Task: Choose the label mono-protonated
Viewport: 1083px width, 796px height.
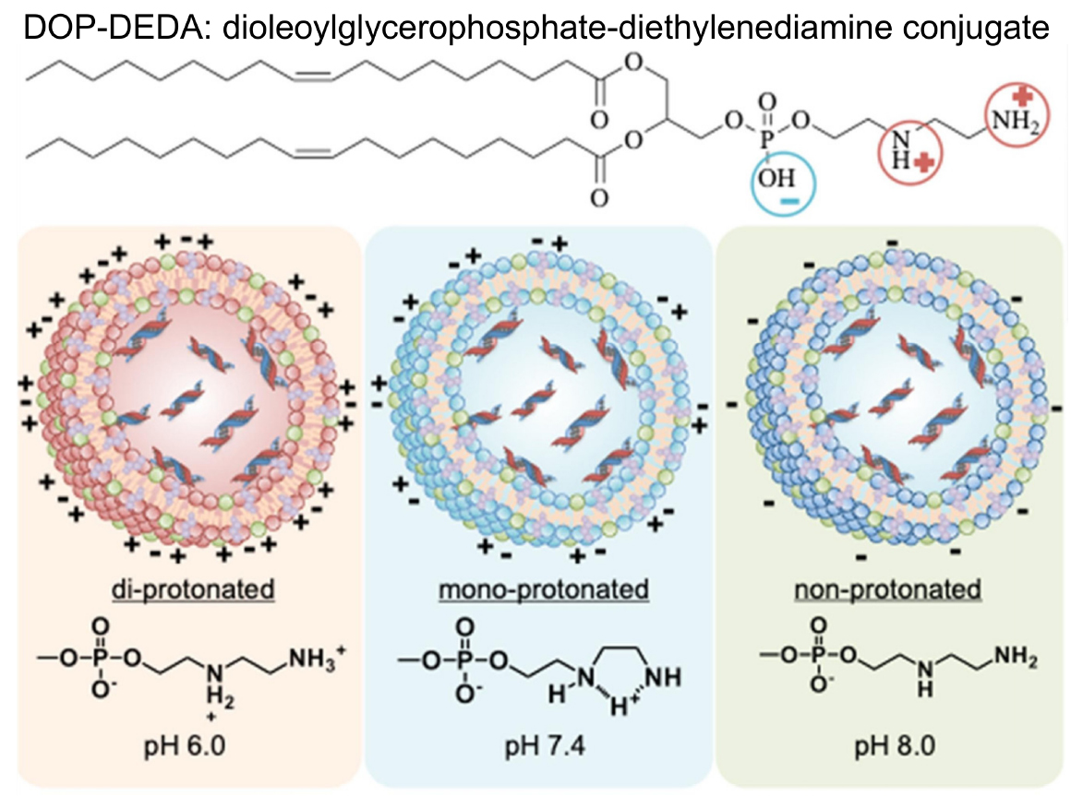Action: tap(538, 588)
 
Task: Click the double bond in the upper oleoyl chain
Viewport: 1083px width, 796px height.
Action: tap(311, 77)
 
